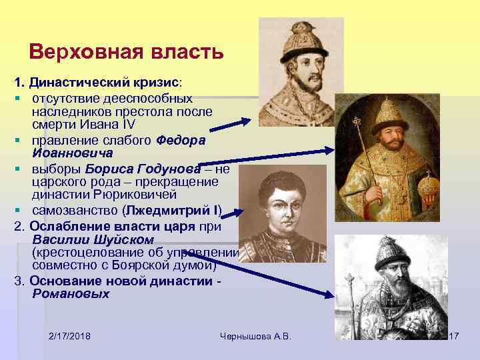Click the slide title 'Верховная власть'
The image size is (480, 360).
(x=126, y=52)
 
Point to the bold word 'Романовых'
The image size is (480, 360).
(x=70, y=293)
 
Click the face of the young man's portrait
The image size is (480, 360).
(x=280, y=201)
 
